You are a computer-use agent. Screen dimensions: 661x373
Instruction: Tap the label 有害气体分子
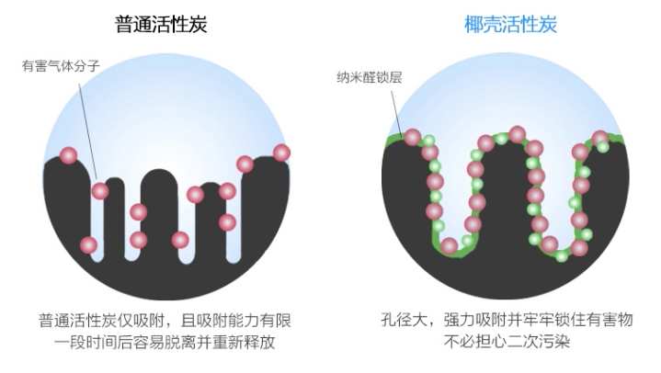pyautogui.click(x=56, y=66)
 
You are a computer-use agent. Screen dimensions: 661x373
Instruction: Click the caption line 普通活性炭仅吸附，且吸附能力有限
pyautogui.click(x=165, y=321)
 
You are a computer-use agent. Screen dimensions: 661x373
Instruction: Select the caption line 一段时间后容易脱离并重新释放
pyautogui.click(x=165, y=343)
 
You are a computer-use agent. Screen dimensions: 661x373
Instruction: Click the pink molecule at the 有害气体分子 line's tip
pyautogui.click(x=100, y=191)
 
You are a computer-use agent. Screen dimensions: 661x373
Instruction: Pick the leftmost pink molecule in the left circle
pyautogui.click(x=68, y=155)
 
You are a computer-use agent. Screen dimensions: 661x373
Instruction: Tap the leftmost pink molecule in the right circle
pyautogui.click(x=413, y=138)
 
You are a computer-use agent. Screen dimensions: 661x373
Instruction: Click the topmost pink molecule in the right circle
pyautogui.click(x=517, y=134)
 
